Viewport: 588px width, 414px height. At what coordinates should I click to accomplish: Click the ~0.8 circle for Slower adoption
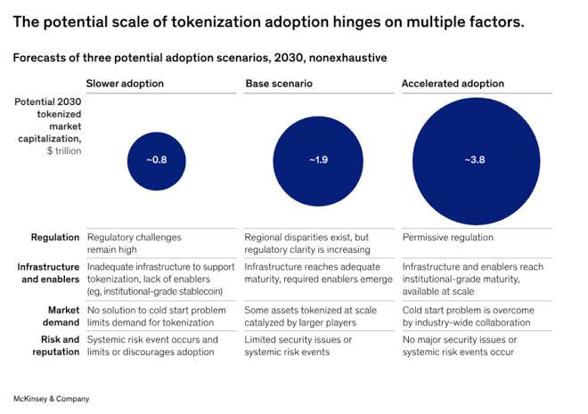click(x=156, y=160)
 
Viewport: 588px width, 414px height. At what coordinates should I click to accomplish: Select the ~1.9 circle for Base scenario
click(x=318, y=160)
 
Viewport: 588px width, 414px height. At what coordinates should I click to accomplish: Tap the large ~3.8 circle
click(x=475, y=160)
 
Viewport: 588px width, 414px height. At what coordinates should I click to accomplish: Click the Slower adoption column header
click(x=125, y=84)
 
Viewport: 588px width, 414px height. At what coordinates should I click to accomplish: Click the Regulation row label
click(x=55, y=238)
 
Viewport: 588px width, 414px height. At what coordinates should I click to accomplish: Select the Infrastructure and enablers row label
click(x=49, y=272)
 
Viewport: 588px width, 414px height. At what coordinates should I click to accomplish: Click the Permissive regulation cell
click(x=447, y=238)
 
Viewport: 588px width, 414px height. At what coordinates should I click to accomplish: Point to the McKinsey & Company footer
click(x=51, y=398)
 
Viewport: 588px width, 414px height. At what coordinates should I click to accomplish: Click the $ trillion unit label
click(x=60, y=150)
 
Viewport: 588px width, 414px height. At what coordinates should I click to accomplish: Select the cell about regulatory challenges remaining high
click(x=134, y=244)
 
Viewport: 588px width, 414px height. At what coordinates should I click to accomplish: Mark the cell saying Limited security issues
click(x=298, y=345)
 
